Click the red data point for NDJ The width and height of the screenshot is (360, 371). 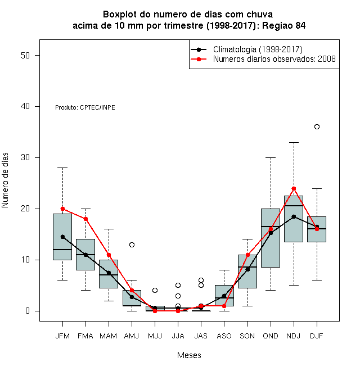pyautogui.click(x=294, y=188)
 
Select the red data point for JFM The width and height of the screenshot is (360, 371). pyautogui.click(x=63, y=209)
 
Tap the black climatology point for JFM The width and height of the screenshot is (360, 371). pyautogui.click(x=63, y=237)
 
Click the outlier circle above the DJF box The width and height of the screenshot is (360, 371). pyautogui.click(x=317, y=127)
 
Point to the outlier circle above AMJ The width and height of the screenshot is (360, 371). pyautogui.click(x=132, y=245)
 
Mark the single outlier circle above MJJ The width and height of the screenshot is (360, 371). pyautogui.click(x=155, y=290)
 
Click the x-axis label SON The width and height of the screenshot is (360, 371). pyautogui.click(x=247, y=336)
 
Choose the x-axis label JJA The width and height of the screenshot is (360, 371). pyautogui.click(x=178, y=336)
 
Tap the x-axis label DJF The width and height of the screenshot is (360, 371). pyautogui.click(x=317, y=336)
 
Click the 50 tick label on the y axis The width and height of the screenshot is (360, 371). pyautogui.click(x=25, y=55)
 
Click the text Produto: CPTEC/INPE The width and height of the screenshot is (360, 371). pyautogui.click(x=85, y=107)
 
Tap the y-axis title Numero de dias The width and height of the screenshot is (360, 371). pyautogui.click(x=5, y=180)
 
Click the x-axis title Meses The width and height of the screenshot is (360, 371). pyautogui.click(x=189, y=355)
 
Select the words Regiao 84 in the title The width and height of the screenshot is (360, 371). pyautogui.click(x=283, y=25)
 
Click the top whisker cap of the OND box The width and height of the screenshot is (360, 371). pyautogui.click(x=271, y=157)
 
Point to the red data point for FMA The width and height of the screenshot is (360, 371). pyautogui.click(x=85, y=219)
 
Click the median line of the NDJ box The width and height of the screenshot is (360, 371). pyautogui.click(x=294, y=206)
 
